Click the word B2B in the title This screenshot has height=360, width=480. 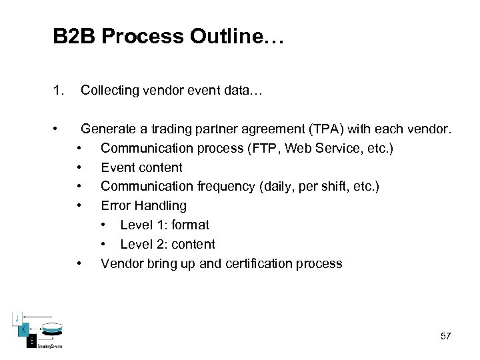pyautogui.click(x=74, y=36)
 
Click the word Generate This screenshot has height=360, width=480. pyautogui.click(x=109, y=128)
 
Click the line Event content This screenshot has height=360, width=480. pyautogui.click(x=141, y=167)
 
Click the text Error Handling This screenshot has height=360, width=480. pyautogui.click(x=143, y=205)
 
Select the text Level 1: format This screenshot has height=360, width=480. pyautogui.click(x=164, y=225)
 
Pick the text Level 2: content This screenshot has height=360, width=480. pyautogui.click(x=167, y=244)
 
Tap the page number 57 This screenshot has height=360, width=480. pyautogui.click(x=445, y=336)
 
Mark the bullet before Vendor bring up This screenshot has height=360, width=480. pyautogui.click(x=79, y=263)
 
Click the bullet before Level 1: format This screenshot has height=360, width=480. pyautogui.click(x=105, y=225)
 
